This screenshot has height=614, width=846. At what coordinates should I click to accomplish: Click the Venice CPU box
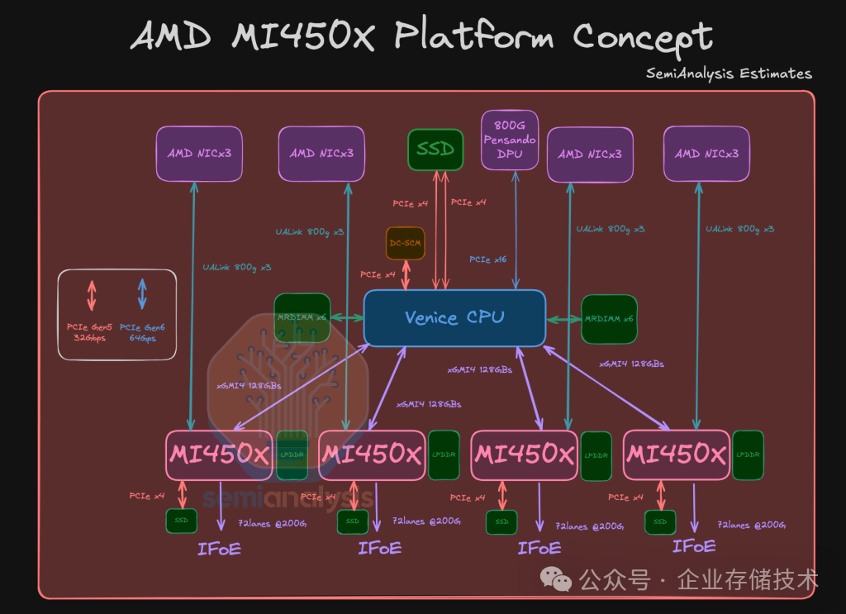(x=454, y=318)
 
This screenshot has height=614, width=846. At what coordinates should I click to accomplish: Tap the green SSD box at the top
(x=435, y=150)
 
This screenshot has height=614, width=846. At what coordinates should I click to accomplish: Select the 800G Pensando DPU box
(x=510, y=140)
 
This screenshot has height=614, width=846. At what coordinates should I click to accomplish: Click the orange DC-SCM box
(x=406, y=244)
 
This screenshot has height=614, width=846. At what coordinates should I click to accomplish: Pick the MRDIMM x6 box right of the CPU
(x=609, y=319)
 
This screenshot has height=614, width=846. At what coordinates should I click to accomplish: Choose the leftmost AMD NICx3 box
(x=199, y=154)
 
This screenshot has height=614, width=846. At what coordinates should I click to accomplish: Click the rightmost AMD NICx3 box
(x=706, y=154)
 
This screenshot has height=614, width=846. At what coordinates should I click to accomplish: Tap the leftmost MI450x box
(x=219, y=455)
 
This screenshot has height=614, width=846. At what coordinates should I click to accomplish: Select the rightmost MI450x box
(x=677, y=455)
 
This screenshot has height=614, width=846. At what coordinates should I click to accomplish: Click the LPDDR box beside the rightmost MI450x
(x=748, y=455)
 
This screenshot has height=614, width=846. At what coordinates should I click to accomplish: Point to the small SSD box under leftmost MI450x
(x=181, y=521)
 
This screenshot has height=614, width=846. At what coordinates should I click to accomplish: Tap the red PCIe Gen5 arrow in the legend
(x=92, y=295)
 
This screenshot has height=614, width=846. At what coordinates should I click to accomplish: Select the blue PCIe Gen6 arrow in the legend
(x=142, y=295)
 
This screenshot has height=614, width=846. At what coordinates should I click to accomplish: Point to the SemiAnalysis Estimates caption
(x=729, y=74)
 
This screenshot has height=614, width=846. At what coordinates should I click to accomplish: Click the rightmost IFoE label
(x=694, y=546)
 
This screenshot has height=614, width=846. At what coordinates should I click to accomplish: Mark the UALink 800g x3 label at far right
(x=740, y=229)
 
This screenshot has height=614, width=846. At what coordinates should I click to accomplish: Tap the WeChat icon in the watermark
(x=562, y=580)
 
